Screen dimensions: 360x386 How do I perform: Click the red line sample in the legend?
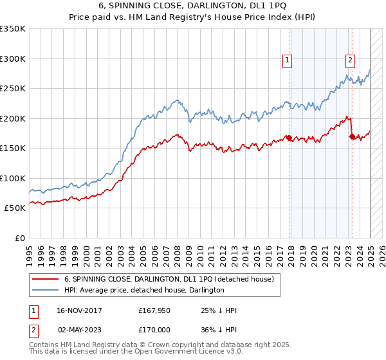(45, 279)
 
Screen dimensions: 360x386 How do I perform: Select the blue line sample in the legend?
(45, 290)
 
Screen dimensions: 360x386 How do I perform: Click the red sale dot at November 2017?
(289, 138)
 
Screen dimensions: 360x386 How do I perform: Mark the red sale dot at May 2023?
(351, 136)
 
